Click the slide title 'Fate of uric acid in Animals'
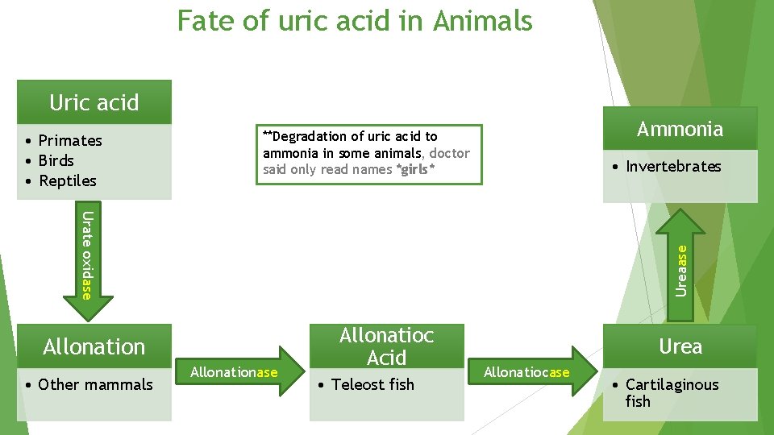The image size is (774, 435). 355,20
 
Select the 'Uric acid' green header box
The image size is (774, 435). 94,102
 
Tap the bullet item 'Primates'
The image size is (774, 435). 70,140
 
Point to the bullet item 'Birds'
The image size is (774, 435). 56,160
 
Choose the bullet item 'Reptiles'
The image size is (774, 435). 67,180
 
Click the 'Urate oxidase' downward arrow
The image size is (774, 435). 88,254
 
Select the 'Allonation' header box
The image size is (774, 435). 94,346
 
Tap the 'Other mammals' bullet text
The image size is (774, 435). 95,384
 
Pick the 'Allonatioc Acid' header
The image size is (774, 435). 386,346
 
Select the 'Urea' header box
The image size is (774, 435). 680,346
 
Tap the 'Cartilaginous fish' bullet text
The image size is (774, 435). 672,392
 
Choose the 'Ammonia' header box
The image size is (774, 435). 680,129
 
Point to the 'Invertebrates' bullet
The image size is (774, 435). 673,166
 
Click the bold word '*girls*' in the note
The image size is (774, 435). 417,169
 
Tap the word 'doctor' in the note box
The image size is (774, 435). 450,153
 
